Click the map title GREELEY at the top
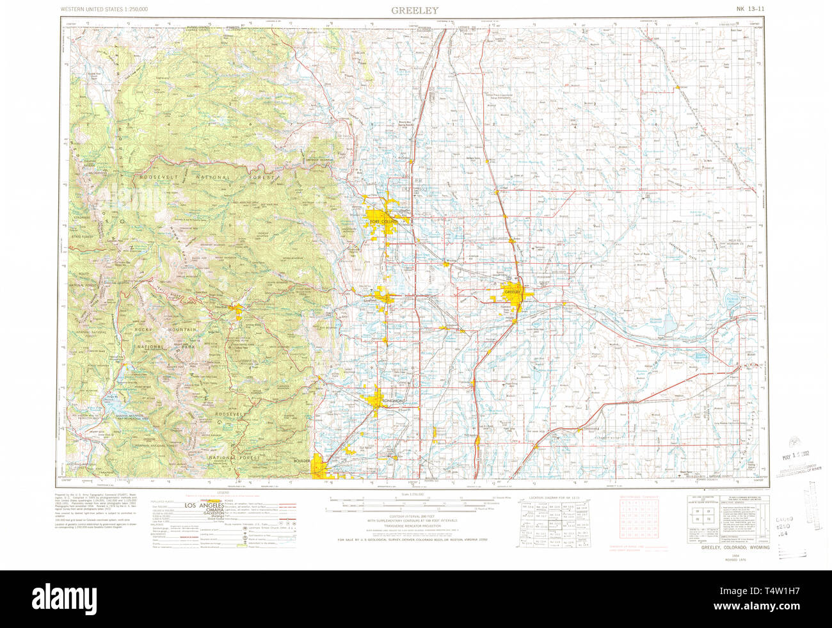[x=416, y=10]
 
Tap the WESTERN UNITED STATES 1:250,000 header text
[x=104, y=10]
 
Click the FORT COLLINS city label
[x=383, y=221]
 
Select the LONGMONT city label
[x=393, y=401]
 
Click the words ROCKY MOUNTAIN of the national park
[x=165, y=329]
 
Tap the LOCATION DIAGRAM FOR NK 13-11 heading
[x=557, y=497]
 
